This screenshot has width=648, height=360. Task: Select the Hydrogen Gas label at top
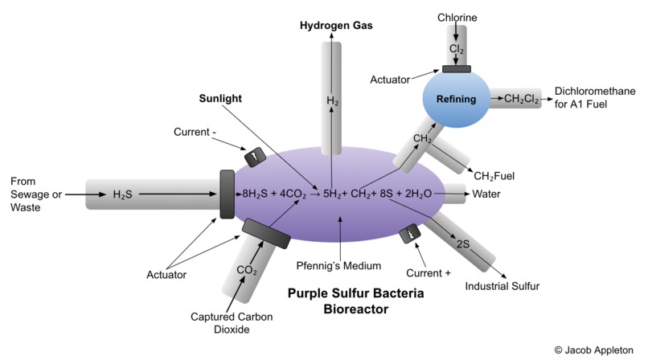[336, 25]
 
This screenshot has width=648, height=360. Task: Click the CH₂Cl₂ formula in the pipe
[521, 99]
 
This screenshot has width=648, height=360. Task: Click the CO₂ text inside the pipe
[247, 270]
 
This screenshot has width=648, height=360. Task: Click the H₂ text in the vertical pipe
[331, 101]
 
